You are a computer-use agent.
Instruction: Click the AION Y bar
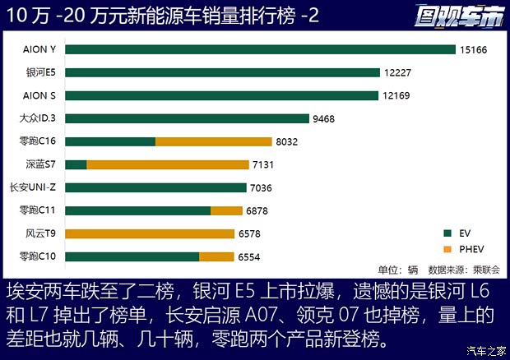(x=260, y=49)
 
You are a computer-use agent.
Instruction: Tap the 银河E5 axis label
(x=40, y=72)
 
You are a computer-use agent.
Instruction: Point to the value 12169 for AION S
(x=397, y=95)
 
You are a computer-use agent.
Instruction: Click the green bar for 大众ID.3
(x=188, y=118)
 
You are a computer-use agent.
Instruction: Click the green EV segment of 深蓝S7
(x=76, y=164)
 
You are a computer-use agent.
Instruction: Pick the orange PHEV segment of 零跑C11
(x=226, y=210)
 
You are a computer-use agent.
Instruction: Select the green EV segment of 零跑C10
(x=132, y=256)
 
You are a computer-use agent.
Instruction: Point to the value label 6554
(x=249, y=256)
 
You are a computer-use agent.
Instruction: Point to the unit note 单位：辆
(x=398, y=270)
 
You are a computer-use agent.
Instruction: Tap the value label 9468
(x=323, y=118)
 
